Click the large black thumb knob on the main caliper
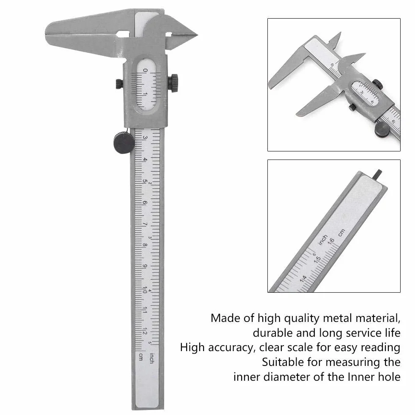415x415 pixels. click(124, 143)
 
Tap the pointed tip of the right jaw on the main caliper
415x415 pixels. click(197, 35)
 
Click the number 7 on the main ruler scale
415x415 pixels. click(145, 224)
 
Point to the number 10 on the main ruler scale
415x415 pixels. click(145, 290)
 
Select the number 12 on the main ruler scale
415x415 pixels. click(145, 331)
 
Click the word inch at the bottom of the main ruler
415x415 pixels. click(151, 358)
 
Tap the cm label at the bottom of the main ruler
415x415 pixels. click(141, 357)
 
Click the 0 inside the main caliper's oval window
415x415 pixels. click(145, 70)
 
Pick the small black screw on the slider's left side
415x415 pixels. click(119, 84)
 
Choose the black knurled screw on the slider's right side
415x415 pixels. click(173, 83)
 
